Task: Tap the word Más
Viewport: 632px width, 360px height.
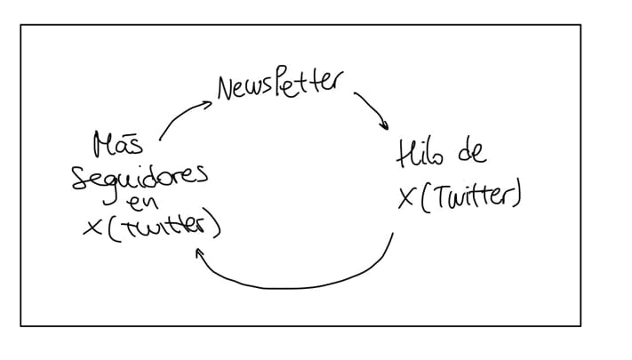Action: (x=118, y=144)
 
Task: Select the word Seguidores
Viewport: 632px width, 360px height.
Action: (x=140, y=180)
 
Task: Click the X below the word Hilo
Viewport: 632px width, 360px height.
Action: (x=407, y=198)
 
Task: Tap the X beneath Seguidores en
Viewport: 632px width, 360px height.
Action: (x=92, y=228)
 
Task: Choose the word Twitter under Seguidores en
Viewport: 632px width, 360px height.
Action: (x=163, y=228)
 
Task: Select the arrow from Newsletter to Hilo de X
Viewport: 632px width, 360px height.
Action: (x=372, y=109)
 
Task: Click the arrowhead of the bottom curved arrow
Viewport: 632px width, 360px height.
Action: (x=199, y=253)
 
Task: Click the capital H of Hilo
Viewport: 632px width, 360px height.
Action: (x=405, y=154)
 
